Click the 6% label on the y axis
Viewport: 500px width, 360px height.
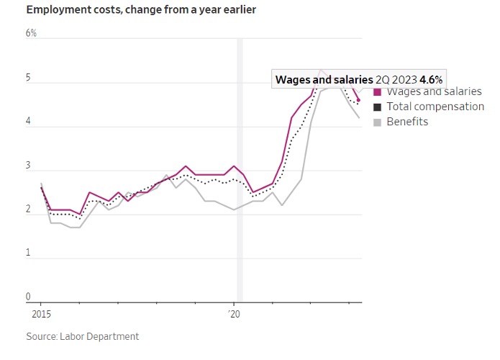32,34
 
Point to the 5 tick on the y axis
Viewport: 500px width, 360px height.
29,78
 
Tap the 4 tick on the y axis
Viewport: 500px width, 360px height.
29,122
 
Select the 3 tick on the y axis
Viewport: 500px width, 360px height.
29,166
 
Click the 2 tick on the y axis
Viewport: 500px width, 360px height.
29,210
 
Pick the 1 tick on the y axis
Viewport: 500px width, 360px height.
29,253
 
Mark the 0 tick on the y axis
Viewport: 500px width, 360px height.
29,297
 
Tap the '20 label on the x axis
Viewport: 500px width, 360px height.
235,314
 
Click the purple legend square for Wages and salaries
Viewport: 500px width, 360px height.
378,92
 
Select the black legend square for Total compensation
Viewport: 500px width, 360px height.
378,107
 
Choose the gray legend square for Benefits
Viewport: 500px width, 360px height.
378,122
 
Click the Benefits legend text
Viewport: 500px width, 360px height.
407,122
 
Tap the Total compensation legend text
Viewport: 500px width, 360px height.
435,107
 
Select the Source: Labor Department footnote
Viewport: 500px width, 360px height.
83,336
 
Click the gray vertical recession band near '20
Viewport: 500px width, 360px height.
240,216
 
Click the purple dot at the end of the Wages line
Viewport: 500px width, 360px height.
358,100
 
